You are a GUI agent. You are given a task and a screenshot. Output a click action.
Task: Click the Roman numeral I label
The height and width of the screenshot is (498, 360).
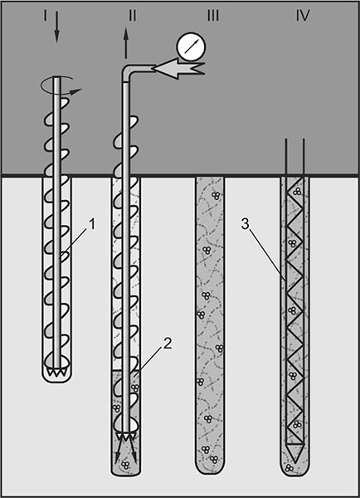pos(46,15)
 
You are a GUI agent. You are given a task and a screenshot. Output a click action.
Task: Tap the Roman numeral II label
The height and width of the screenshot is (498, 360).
pos(133,15)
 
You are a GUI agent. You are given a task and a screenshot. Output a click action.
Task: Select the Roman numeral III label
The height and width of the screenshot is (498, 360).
pos(213,15)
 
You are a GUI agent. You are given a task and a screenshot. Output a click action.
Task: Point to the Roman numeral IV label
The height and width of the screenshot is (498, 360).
pos(303,15)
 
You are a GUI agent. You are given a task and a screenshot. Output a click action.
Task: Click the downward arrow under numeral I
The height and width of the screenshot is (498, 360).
pos(56,27)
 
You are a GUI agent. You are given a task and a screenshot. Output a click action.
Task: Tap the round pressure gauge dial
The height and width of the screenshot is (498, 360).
pos(191,46)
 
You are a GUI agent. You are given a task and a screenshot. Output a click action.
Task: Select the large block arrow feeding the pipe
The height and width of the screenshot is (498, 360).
pos(178,68)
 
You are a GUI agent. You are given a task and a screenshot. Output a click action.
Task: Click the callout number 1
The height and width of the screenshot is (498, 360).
pos(92,225)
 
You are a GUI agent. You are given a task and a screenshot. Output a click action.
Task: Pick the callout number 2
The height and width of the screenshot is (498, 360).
pos(168,343)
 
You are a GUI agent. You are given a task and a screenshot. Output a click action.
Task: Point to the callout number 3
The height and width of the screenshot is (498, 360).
pos(246,224)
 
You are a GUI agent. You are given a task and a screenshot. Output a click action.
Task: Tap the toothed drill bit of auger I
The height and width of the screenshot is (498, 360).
pos(56,372)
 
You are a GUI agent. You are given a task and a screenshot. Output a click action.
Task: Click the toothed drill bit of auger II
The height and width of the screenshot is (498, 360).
pos(127,437)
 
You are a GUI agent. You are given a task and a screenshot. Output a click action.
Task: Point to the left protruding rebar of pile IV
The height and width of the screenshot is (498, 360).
pos(286,157)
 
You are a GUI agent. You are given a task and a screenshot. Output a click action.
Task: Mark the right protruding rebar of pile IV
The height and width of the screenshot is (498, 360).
pos(304,157)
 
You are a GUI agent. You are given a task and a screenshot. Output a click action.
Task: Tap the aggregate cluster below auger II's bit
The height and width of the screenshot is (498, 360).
pos(125,466)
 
